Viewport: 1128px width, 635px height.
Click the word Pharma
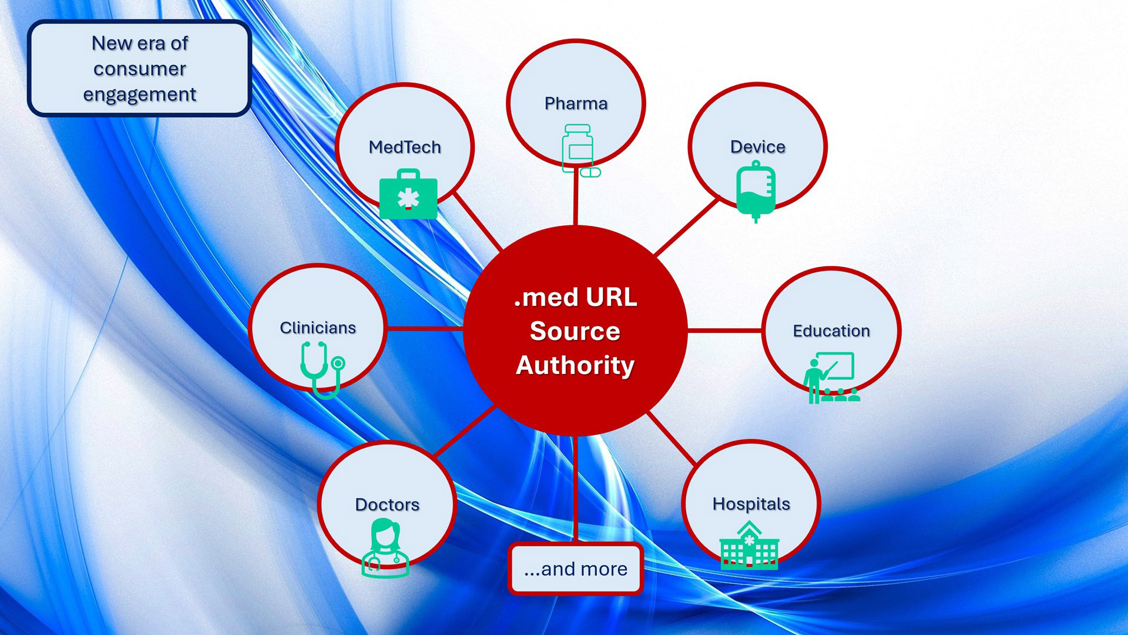click(x=576, y=103)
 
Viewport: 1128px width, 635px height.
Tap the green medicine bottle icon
click(x=579, y=150)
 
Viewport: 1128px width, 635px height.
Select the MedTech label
click(x=405, y=147)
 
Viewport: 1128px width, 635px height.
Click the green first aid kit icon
click(x=408, y=195)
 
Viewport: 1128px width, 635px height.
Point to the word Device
click(x=757, y=147)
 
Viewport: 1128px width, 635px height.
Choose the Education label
click(x=831, y=331)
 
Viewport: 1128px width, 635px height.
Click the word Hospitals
click(x=751, y=504)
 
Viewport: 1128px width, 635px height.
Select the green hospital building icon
click(x=749, y=546)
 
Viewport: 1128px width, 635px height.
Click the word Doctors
click(x=387, y=504)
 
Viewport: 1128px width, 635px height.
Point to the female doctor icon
click(x=385, y=548)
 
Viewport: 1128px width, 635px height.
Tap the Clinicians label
click(x=318, y=327)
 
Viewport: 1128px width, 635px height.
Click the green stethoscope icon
click(x=322, y=369)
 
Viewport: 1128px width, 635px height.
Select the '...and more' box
click(x=576, y=569)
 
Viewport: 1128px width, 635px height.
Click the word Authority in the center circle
click(x=575, y=365)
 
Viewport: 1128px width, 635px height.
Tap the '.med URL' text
click(x=575, y=298)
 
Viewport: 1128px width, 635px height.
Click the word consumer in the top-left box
click(x=140, y=69)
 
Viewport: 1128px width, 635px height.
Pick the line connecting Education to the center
click(x=725, y=330)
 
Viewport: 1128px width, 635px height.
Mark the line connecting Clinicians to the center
click(x=424, y=328)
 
